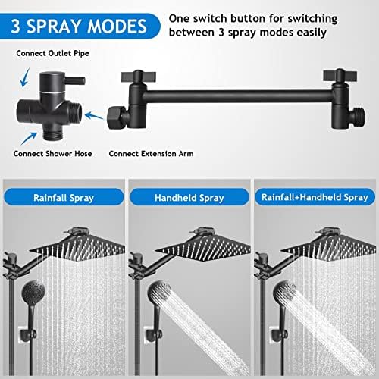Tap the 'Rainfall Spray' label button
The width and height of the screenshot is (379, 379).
tap(63, 199)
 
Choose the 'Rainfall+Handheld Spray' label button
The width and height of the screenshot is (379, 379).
tap(315, 199)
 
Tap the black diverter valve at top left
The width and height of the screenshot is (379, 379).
tap(51, 106)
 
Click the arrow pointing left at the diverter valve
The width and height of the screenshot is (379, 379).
tap(95, 115)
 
